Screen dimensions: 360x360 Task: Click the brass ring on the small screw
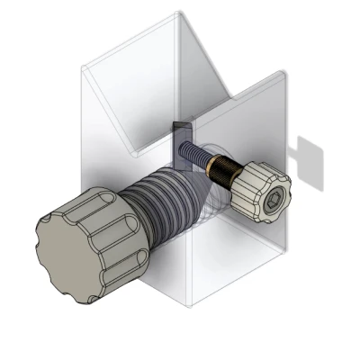[x=218, y=166]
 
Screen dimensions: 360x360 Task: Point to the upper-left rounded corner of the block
[x=85, y=67]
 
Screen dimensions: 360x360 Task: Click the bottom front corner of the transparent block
[x=189, y=306]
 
